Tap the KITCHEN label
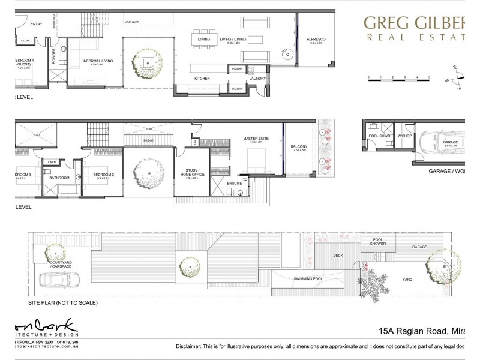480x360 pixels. (202, 79)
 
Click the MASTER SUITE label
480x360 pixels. (254, 139)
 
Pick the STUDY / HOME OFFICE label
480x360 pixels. (192, 172)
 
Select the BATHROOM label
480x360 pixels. (59, 178)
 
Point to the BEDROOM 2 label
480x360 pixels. (101, 175)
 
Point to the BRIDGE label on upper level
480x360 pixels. (148, 140)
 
